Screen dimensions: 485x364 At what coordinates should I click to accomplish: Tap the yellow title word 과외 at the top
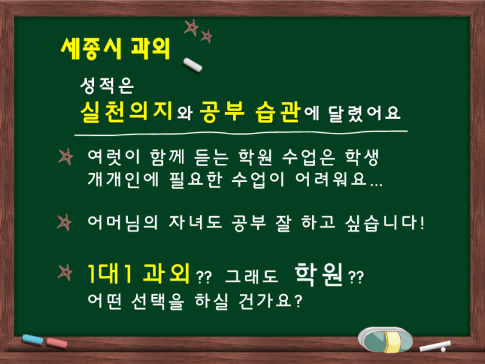coord(150,49)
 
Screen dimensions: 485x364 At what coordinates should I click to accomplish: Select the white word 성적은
coord(107,86)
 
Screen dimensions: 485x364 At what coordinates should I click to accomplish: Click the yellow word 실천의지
coord(126,112)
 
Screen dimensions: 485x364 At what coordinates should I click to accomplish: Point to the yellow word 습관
coord(278,112)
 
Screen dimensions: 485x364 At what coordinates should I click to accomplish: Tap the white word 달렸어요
coord(364,113)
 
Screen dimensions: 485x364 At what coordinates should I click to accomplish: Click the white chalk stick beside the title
coord(192,66)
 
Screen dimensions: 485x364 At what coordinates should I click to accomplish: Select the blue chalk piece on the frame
coord(33,340)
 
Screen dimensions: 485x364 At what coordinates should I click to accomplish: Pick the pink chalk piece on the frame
coord(56,343)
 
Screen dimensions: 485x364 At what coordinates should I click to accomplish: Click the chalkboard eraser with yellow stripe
coord(385,340)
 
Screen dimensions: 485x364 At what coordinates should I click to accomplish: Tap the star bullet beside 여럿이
coord(65,157)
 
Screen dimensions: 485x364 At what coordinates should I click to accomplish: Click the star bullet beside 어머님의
coord(64,223)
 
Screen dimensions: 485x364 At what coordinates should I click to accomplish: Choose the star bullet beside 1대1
coord(65,272)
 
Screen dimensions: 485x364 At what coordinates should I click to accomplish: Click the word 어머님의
coord(123,223)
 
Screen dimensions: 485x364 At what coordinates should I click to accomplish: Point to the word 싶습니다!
coord(384,223)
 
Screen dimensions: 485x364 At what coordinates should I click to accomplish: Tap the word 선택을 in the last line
coord(158,301)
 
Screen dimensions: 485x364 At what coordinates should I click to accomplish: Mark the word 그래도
coord(252,276)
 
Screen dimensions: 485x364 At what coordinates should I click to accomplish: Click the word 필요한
coord(196,180)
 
